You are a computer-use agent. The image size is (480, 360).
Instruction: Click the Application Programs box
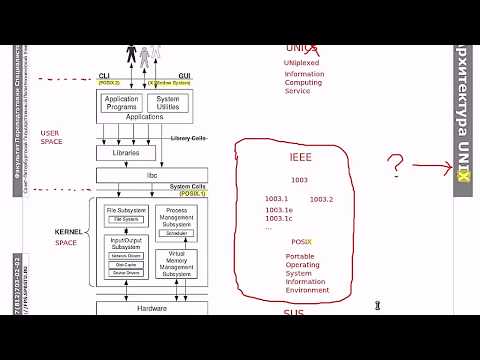[123, 103]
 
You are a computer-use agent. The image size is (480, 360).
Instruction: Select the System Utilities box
[168, 103]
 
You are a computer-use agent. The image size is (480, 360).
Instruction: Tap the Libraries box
[125, 152]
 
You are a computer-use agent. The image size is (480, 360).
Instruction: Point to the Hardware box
[151, 308]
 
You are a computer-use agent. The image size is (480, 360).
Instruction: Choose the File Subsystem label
[125, 210]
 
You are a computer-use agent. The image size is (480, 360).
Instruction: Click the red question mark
[397, 164]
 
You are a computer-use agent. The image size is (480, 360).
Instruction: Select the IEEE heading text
[300, 158]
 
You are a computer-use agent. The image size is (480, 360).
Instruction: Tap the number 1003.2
[321, 199]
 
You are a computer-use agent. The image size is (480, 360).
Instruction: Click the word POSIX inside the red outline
[301, 242]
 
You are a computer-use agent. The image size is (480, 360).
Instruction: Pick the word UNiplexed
[301, 62]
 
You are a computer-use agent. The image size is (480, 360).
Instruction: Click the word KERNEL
[68, 231]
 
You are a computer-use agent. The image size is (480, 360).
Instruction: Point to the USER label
[51, 132]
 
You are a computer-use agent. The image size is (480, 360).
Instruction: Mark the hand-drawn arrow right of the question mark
[432, 167]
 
